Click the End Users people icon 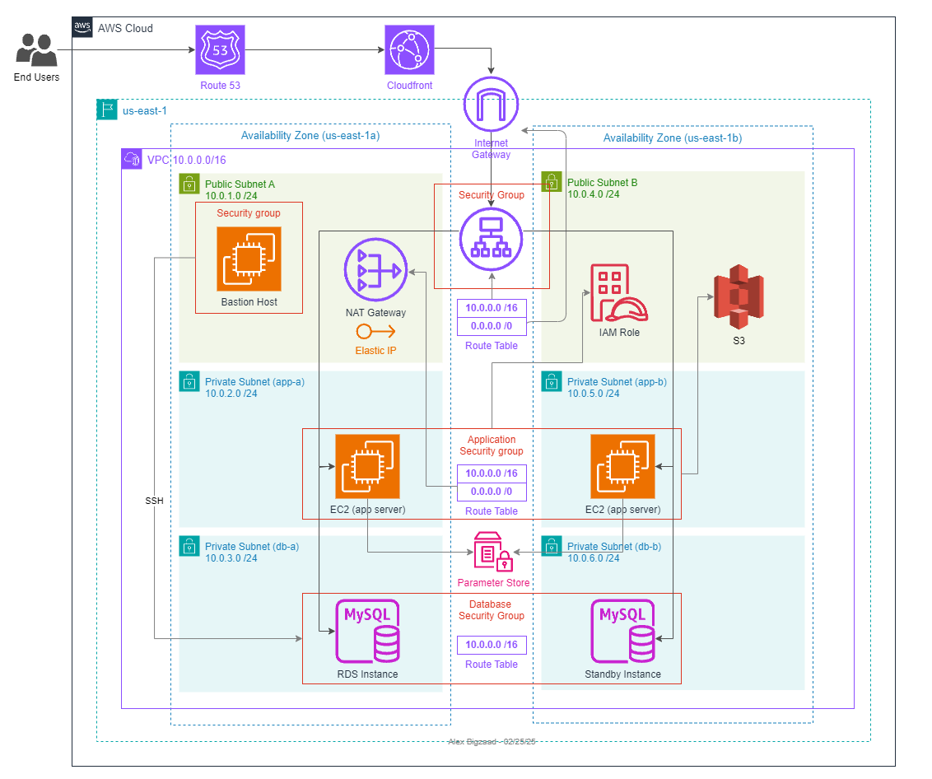36,50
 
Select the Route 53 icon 221,50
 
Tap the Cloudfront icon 409,50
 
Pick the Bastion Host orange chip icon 249,259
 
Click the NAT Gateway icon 375,271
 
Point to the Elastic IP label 375,350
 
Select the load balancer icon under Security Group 492,238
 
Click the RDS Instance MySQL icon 368,631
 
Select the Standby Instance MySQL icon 623,631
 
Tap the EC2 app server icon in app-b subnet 622,467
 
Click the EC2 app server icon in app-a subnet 367,467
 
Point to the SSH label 154,501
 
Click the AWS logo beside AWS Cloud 82,27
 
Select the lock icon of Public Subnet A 189,183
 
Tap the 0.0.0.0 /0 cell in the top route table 492,327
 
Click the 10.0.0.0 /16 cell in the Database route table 492,645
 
